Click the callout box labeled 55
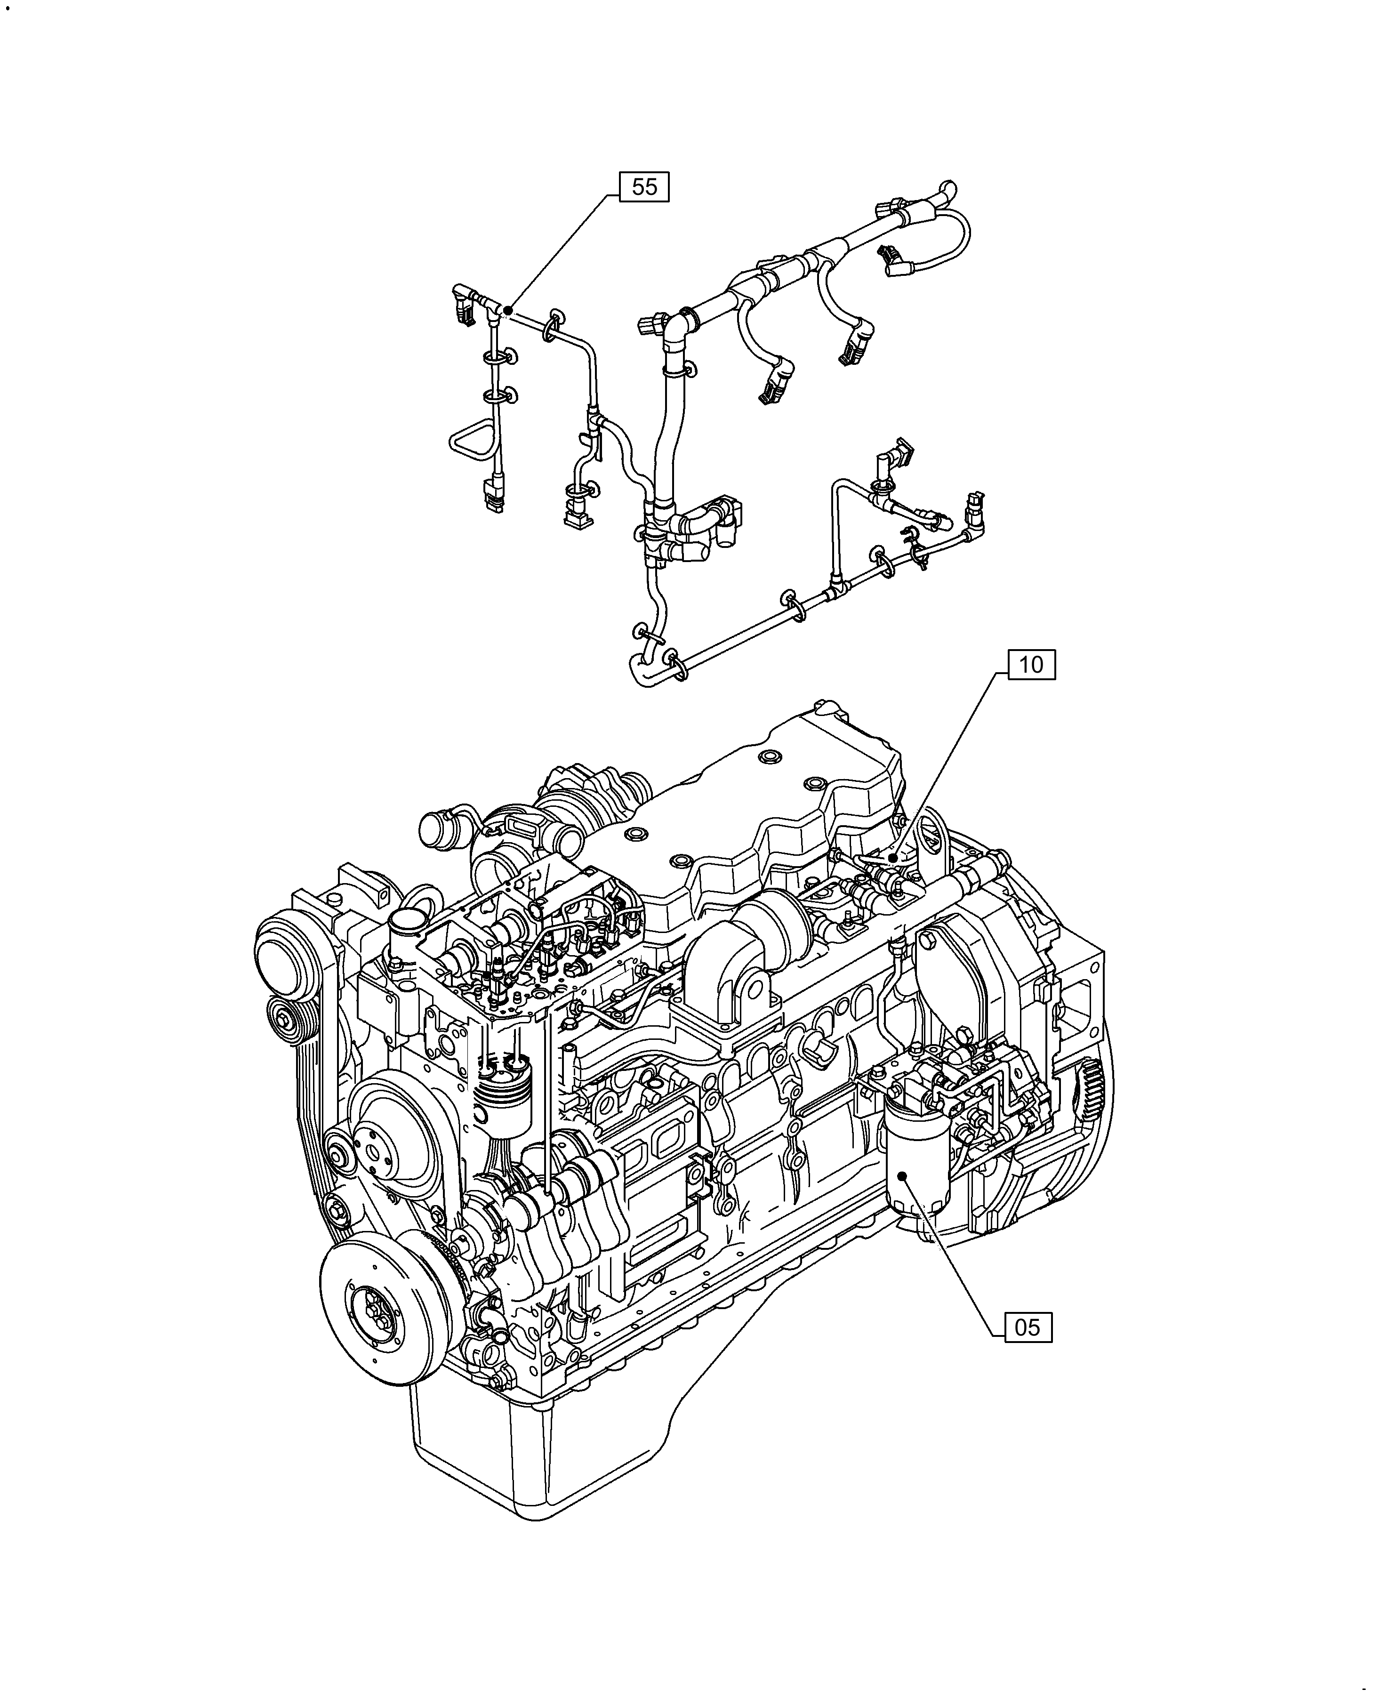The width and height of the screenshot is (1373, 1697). coord(644,187)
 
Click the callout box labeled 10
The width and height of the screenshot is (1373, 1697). coord(1030,665)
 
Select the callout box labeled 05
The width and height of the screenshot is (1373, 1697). coord(1028,1327)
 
